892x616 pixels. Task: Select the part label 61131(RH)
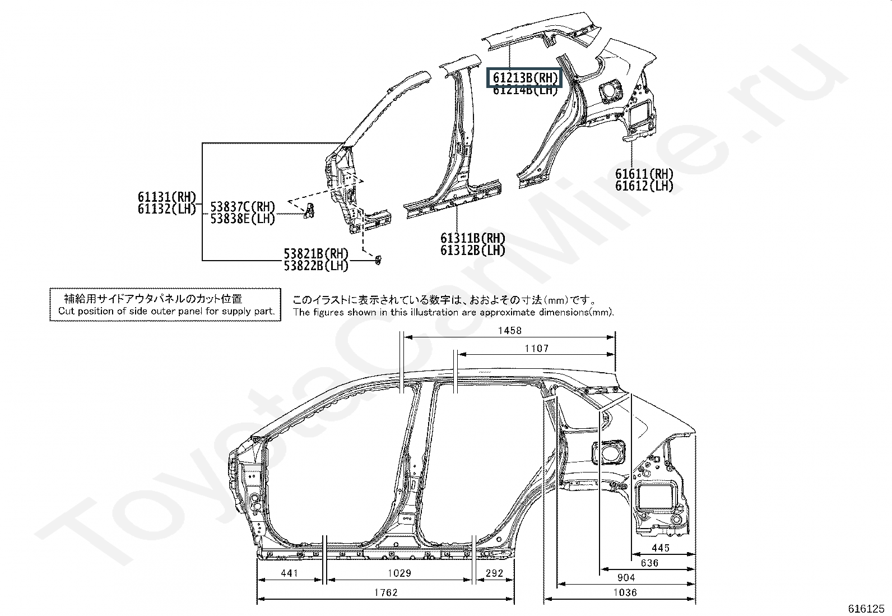(167, 197)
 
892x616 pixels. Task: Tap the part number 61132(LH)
(167, 209)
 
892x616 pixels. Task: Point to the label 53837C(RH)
(243, 207)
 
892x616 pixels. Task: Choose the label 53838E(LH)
(243, 219)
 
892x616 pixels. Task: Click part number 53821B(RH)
(316, 254)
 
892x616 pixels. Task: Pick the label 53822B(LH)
(316, 266)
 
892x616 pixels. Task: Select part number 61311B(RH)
(472, 238)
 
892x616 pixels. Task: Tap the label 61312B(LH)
(472, 251)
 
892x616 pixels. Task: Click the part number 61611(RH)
(644, 174)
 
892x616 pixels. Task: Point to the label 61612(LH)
(644, 186)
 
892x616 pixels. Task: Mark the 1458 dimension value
(509, 331)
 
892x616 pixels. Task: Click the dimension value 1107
(536, 349)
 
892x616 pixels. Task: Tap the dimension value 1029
(399, 573)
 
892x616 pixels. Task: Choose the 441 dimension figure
(289, 573)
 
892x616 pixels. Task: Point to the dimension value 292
(494, 573)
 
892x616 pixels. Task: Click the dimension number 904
(625, 578)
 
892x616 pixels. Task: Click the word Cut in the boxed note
(66, 311)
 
